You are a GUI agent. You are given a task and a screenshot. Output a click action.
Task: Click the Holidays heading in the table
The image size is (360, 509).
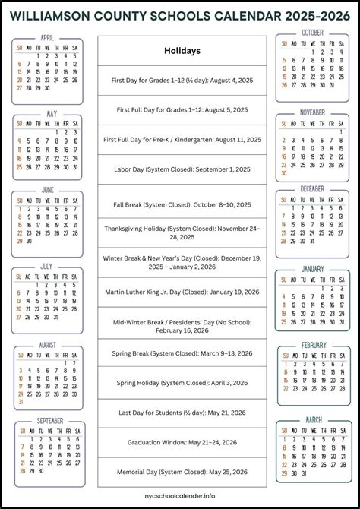pos(182,51)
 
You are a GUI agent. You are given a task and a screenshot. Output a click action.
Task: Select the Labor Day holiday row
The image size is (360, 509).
pos(182,169)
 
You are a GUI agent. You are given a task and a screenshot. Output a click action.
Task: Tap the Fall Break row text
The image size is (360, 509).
pos(182,204)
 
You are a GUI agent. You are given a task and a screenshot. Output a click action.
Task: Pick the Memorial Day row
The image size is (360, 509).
pos(182,472)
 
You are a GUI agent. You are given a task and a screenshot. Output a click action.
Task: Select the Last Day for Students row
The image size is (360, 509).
pos(182,413)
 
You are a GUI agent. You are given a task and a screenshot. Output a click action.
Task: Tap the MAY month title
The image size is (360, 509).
pos(51,115)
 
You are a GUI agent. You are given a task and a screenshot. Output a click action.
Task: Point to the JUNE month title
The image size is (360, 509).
pos(48,189)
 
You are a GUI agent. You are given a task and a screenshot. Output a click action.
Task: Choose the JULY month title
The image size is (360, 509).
pos(48,267)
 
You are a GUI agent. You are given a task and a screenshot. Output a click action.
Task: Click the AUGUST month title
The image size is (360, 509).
pos(48,345)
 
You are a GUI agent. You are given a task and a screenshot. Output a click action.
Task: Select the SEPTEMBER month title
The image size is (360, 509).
pos(50,420)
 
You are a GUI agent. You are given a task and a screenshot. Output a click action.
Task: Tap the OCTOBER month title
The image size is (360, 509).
pos(312,33)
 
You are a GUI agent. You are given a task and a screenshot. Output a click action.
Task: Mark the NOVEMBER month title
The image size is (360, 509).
pos(312,112)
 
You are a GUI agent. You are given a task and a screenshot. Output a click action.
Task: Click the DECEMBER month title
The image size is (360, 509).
pos(312,188)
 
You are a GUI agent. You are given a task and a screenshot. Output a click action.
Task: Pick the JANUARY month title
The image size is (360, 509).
pos(312,268)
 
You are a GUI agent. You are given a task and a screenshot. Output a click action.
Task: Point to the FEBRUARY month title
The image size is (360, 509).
pos(314,345)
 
